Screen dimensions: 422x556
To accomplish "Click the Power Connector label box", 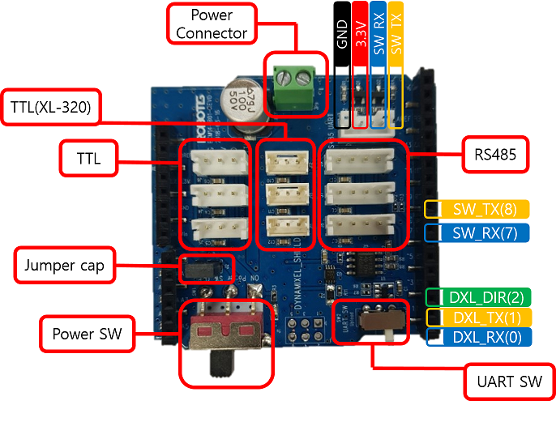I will click(x=211, y=24).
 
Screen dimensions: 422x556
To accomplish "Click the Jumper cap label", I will click(x=65, y=266).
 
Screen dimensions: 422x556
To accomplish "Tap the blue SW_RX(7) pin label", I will click(x=484, y=233).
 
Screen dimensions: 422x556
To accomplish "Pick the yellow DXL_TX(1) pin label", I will click(x=484, y=318).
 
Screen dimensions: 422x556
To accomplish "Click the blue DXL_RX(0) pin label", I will click(x=484, y=337).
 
